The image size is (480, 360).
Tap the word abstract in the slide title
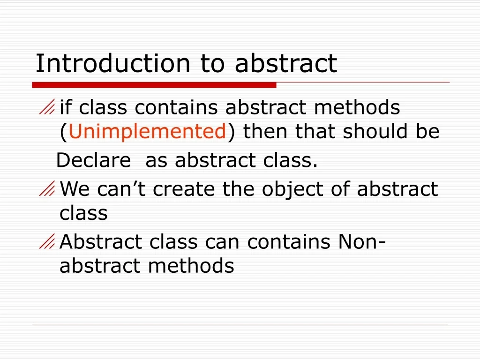[286, 64]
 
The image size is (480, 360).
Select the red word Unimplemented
[148, 132]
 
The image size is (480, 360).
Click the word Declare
[93, 161]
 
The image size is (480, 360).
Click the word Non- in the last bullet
[361, 242]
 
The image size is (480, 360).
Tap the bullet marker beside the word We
[47, 190]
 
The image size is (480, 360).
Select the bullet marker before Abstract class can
[47, 242]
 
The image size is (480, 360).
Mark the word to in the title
[213, 64]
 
